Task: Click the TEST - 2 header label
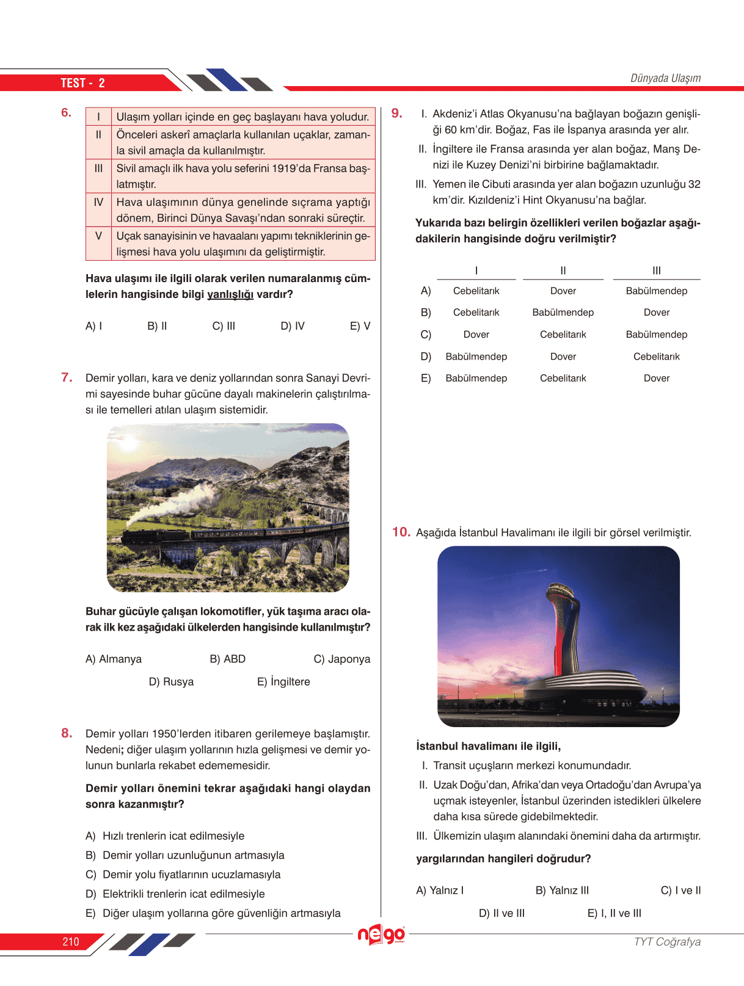point(82,83)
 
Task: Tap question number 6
point(66,112)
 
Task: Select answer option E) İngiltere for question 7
point(283,681)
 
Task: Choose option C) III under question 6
point(224,326)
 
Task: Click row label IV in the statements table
point(98,202)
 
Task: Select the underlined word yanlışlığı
point(230,294)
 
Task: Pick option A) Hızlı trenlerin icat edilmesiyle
point(165,836)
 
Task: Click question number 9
point(396,113)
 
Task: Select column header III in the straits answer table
point(656,270)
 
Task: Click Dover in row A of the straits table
point(563,291)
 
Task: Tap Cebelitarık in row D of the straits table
point(656,357)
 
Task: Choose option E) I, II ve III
point(614,913)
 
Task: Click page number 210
point(71,941)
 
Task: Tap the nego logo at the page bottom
point(381,934)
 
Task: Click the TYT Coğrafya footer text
point(667,941)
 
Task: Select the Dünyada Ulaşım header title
point(665,78)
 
